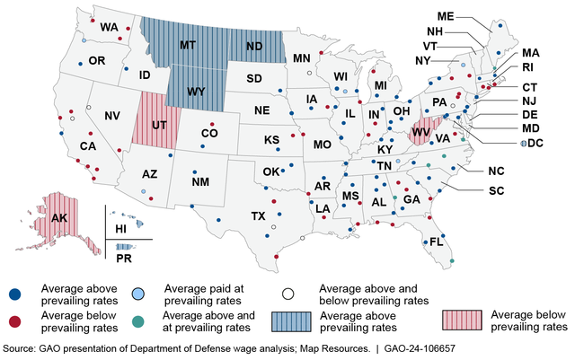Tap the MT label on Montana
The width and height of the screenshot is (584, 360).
[189, 45]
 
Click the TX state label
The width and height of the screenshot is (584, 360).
[258, 216]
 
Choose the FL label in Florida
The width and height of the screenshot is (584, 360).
[437, 242]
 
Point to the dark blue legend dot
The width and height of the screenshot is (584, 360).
[15, 294]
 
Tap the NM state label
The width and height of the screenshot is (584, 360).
[200, 182]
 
